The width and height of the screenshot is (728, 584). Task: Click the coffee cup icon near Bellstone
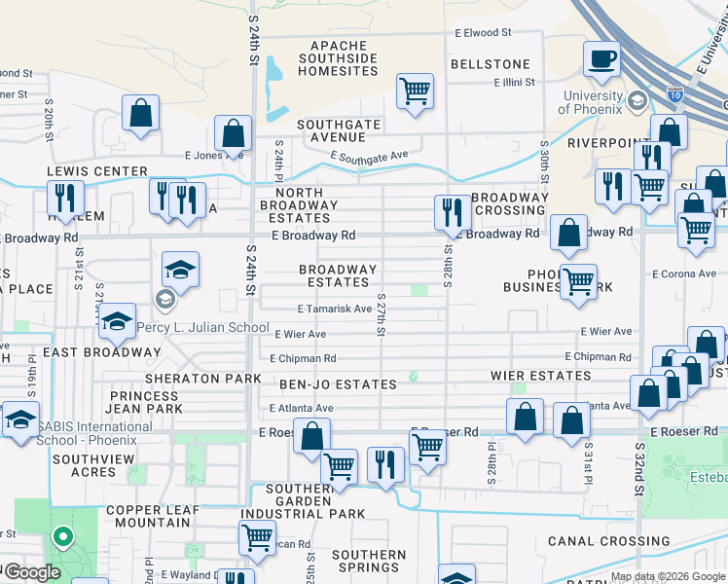click(x=601, y=58)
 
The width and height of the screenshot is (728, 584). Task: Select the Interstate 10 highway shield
click(x=674, y=94)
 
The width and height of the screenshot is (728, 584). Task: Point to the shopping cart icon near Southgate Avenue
click(x=415, y=91)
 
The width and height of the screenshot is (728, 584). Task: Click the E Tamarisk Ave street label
click(x=335, y=309)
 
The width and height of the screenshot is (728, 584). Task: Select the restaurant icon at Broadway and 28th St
click(x=452, y=212)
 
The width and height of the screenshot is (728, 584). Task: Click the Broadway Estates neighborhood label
click(x=338, y=275)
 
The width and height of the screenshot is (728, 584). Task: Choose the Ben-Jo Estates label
click(x=338, y=384)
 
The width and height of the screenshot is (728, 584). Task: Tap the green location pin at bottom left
click(x=63, y=537)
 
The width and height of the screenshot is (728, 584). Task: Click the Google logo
click(x=32, y=572)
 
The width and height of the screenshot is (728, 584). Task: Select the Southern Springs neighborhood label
click(x=368, y=562)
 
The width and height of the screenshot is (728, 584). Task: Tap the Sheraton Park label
click(x=202, y=378)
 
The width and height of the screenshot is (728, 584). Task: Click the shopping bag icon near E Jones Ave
click(x=234, y=132)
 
